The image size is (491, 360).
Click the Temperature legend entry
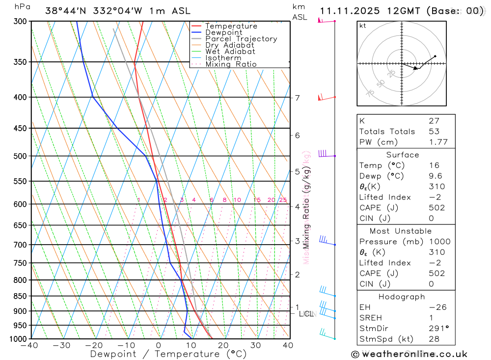pos(231,26)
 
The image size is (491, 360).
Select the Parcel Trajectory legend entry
pos(241,39)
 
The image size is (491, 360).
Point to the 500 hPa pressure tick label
pos(20,156)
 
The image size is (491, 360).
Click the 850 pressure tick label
pos(20,296)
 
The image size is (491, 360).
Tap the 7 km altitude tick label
pos(298,98)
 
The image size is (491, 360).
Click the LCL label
pos(306,314)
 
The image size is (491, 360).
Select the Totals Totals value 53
pos(434,132)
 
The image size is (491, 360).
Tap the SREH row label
pos(371,318)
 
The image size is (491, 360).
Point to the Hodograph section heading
pos(402,297)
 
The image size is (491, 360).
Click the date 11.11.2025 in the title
pos(348,11)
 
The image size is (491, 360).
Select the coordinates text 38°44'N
pos(64,11)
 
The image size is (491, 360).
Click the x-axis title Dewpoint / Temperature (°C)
pos(168,354)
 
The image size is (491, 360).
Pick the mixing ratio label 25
pos(283,200)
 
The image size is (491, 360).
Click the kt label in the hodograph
pos(363,26)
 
